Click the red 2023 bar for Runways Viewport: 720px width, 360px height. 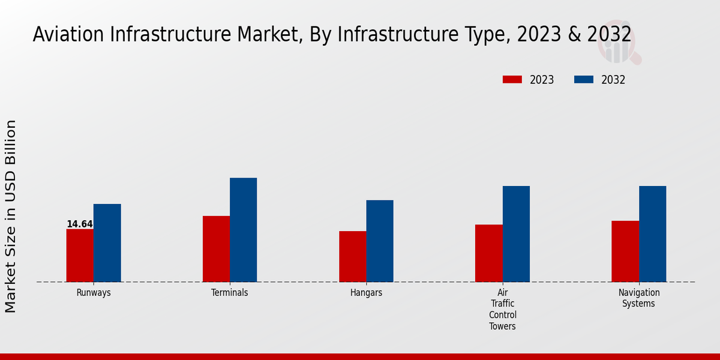pos(80,256)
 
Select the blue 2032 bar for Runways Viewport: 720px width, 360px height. pos(107,243)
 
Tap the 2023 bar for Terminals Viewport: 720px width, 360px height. pos(216,249)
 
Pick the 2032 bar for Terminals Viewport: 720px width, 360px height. pos(243,230)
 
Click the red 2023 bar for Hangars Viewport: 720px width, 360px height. pos(352,257)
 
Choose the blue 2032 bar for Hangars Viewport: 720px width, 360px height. pos(380,241)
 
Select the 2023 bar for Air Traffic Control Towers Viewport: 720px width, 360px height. pos(488,253)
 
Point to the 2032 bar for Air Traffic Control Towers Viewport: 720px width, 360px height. pos(516,234)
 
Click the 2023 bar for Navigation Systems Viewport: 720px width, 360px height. pos(625,251)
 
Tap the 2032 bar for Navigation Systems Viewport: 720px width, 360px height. pos(652,234)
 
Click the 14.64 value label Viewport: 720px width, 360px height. pos(79,224)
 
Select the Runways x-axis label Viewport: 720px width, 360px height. pos(94,293)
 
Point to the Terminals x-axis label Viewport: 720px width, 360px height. pos(230,293)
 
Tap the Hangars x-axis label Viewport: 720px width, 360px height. pos(366,293)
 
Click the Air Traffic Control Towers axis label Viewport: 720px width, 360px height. pos(502,310)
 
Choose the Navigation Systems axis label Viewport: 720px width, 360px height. pos(639,298)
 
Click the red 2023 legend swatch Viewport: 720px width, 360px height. pos(512,80)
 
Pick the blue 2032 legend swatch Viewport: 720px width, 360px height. pos(584,80)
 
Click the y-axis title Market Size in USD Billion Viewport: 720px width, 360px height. pos(11,216)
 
